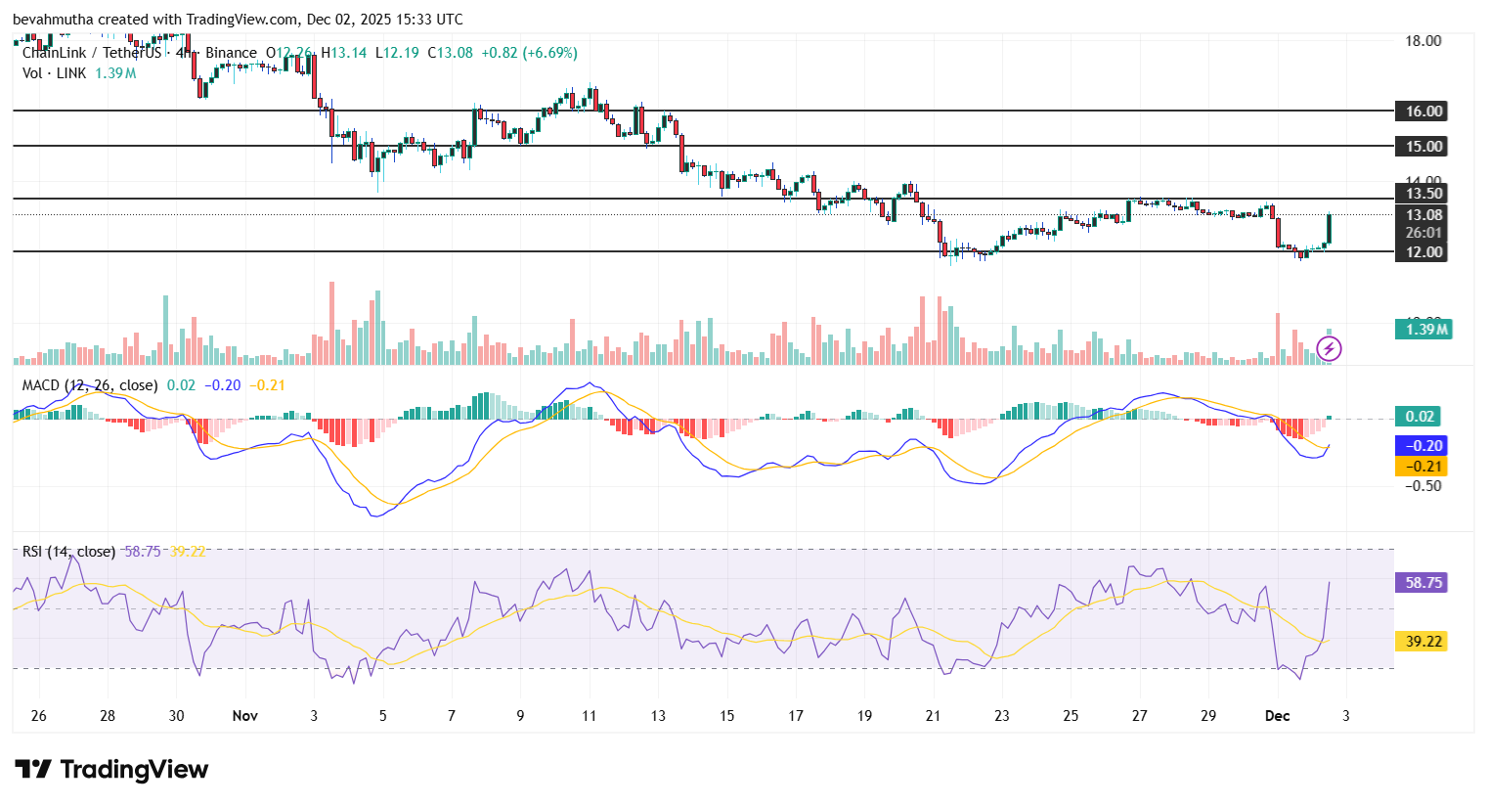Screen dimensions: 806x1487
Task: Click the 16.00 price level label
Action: pos(1423,112)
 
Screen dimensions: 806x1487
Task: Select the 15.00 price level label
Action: pos(1423,147)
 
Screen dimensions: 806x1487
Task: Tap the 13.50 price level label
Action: pos(1423,194)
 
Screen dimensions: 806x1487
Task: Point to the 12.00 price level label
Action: pos(1423,252)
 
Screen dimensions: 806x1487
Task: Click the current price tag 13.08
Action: pos(1423,215)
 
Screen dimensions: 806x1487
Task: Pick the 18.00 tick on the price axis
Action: pos(1422,41)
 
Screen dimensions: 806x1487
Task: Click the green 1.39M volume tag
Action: pos(1423,330)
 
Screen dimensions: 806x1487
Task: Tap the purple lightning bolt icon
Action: pos(1329,348)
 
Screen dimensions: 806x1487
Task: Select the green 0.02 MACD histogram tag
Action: pos(1419,417)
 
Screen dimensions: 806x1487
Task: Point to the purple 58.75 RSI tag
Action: pos(1423,583)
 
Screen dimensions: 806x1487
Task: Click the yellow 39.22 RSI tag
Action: pos(1423,642)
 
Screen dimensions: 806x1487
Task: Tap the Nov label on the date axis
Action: pos(245,716)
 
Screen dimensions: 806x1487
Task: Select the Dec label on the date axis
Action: pos(1277,716)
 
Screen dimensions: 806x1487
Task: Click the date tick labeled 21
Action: pos(933,716)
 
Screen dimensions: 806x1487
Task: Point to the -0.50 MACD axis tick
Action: pos(1422,486)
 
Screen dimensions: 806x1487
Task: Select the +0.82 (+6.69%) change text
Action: pos(529,53)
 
